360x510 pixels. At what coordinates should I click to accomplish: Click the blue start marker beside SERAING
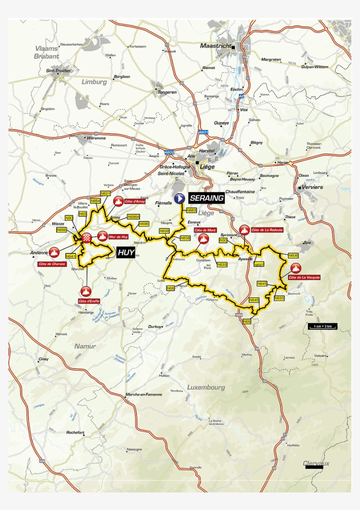tap(179, 199)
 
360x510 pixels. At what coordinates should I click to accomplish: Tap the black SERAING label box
tap(207, 199)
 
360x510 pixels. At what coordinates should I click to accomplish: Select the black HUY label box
tap(126, 253)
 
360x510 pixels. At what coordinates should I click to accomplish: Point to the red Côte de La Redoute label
tap(267, 230)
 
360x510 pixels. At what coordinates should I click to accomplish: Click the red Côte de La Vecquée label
tap(304, 277)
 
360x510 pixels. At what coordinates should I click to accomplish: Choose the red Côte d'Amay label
tap(134, 201)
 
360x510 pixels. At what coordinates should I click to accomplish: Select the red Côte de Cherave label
tap(52, 264)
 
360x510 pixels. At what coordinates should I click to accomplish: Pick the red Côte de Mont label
tap(205, 230)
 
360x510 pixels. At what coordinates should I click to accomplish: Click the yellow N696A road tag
tap(133, 217)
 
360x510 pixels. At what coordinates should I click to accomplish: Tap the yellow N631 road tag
tap(105, 193)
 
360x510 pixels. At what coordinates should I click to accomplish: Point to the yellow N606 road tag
tap(293, 255)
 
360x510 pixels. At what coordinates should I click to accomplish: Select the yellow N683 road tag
tap(191, 210)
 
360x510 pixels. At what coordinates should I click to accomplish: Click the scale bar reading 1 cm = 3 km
tap(322, 326)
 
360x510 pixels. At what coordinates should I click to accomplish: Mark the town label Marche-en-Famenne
tap(144, 394)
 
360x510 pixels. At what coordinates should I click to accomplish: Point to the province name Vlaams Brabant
tap(47, 53)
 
